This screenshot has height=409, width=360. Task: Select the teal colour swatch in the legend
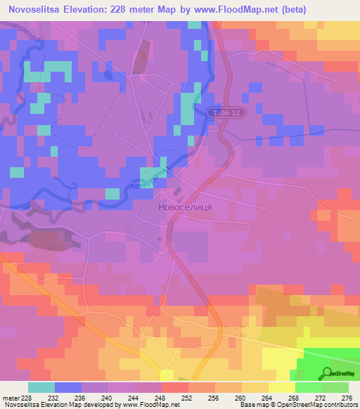click(x=41, y=387)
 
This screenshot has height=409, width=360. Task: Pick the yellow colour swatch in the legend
click(x=281, y=387)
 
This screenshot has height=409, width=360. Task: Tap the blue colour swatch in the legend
click(x=67, y=387)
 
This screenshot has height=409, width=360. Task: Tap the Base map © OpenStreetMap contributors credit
click(x=298, y=405)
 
